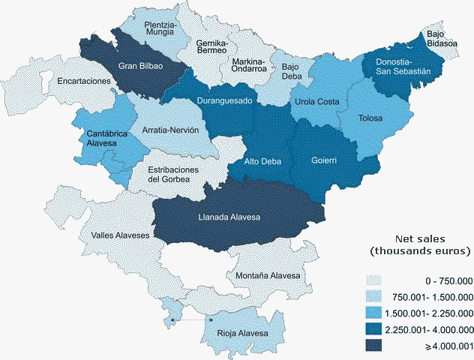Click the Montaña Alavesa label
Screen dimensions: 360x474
268,276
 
